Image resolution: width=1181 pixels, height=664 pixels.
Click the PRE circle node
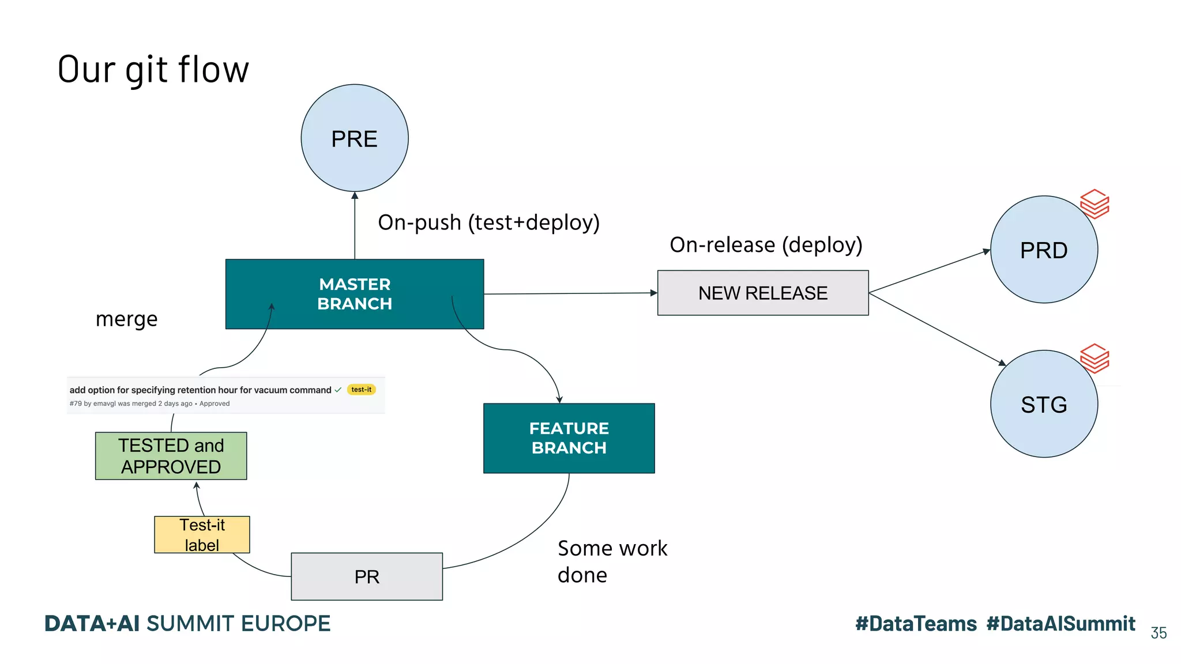355,138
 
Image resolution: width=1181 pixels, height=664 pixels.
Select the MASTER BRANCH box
355,294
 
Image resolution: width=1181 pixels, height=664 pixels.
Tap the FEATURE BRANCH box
569,438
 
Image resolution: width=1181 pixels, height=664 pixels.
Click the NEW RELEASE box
762,293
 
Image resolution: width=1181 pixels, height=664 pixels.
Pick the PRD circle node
1043,250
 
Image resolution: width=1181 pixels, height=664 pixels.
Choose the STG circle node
1043,404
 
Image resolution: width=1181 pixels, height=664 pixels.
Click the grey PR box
367,576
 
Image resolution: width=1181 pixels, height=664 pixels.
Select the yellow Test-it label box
202,534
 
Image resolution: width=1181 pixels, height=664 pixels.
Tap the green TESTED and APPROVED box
171,456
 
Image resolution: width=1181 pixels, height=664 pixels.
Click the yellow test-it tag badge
362,390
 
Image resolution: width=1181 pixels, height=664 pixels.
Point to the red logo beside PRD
1095,203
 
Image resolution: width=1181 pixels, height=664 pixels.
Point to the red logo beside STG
1095,358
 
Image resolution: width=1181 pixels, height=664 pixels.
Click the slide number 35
1159,633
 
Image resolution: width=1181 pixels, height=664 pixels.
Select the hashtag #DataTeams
916,624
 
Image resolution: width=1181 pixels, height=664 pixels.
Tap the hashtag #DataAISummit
1060,624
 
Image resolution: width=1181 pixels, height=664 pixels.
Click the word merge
126,319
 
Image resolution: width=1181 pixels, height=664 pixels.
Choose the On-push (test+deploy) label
488,222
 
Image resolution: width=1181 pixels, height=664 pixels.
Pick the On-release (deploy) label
766,245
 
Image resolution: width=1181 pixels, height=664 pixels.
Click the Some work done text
612,561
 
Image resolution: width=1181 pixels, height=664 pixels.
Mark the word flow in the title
213,70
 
